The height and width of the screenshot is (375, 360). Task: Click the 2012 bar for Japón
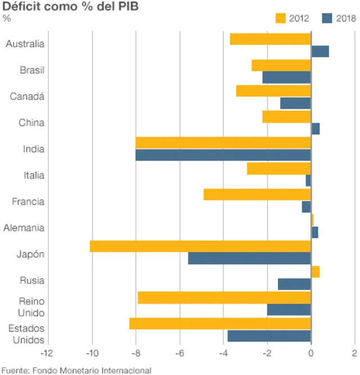pyautogui.click(x=200, y=246)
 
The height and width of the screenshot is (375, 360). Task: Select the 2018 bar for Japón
pyautogui.click(x=249, y=258)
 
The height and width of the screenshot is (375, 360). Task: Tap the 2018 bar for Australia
pyautogui.click(x=319, y=52)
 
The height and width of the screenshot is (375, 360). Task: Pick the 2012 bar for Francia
pyautogui.click(x=257, y=195)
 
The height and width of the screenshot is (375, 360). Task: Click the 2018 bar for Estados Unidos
pyautogui.click(x=269, y=336)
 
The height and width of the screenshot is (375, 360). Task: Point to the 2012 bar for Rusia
pyautogui.click(x=315, y=272)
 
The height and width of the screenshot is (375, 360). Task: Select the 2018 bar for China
pyautogui.click(x=315, y=129)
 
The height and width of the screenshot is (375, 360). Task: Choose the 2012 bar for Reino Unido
pyautogui.click(x=224, y=297)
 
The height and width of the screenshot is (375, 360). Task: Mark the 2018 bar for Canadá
pyautogui.click(x=295, y=103)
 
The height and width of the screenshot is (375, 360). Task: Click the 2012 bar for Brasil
pyautogui.click(x=281, y=65)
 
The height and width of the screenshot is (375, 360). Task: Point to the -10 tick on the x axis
pyautogui.click(x=92, y=353)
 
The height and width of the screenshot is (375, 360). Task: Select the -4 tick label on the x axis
pyautogui.click(x=223, y=353)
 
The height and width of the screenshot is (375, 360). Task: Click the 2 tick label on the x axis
pyautogui.click(x=354, y=353)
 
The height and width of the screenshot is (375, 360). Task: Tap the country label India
pyautogui.click(x=34, y=149)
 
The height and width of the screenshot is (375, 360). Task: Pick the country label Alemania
pyautogui.click(x=24, y=228)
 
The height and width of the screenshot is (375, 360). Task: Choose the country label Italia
pyautogui.click(x=34, y=175)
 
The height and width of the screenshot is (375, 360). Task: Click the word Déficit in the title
pyautogui.click(x=23, y=7)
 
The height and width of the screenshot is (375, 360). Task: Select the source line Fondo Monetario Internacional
pyautogui.click(x=92, y=370)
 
